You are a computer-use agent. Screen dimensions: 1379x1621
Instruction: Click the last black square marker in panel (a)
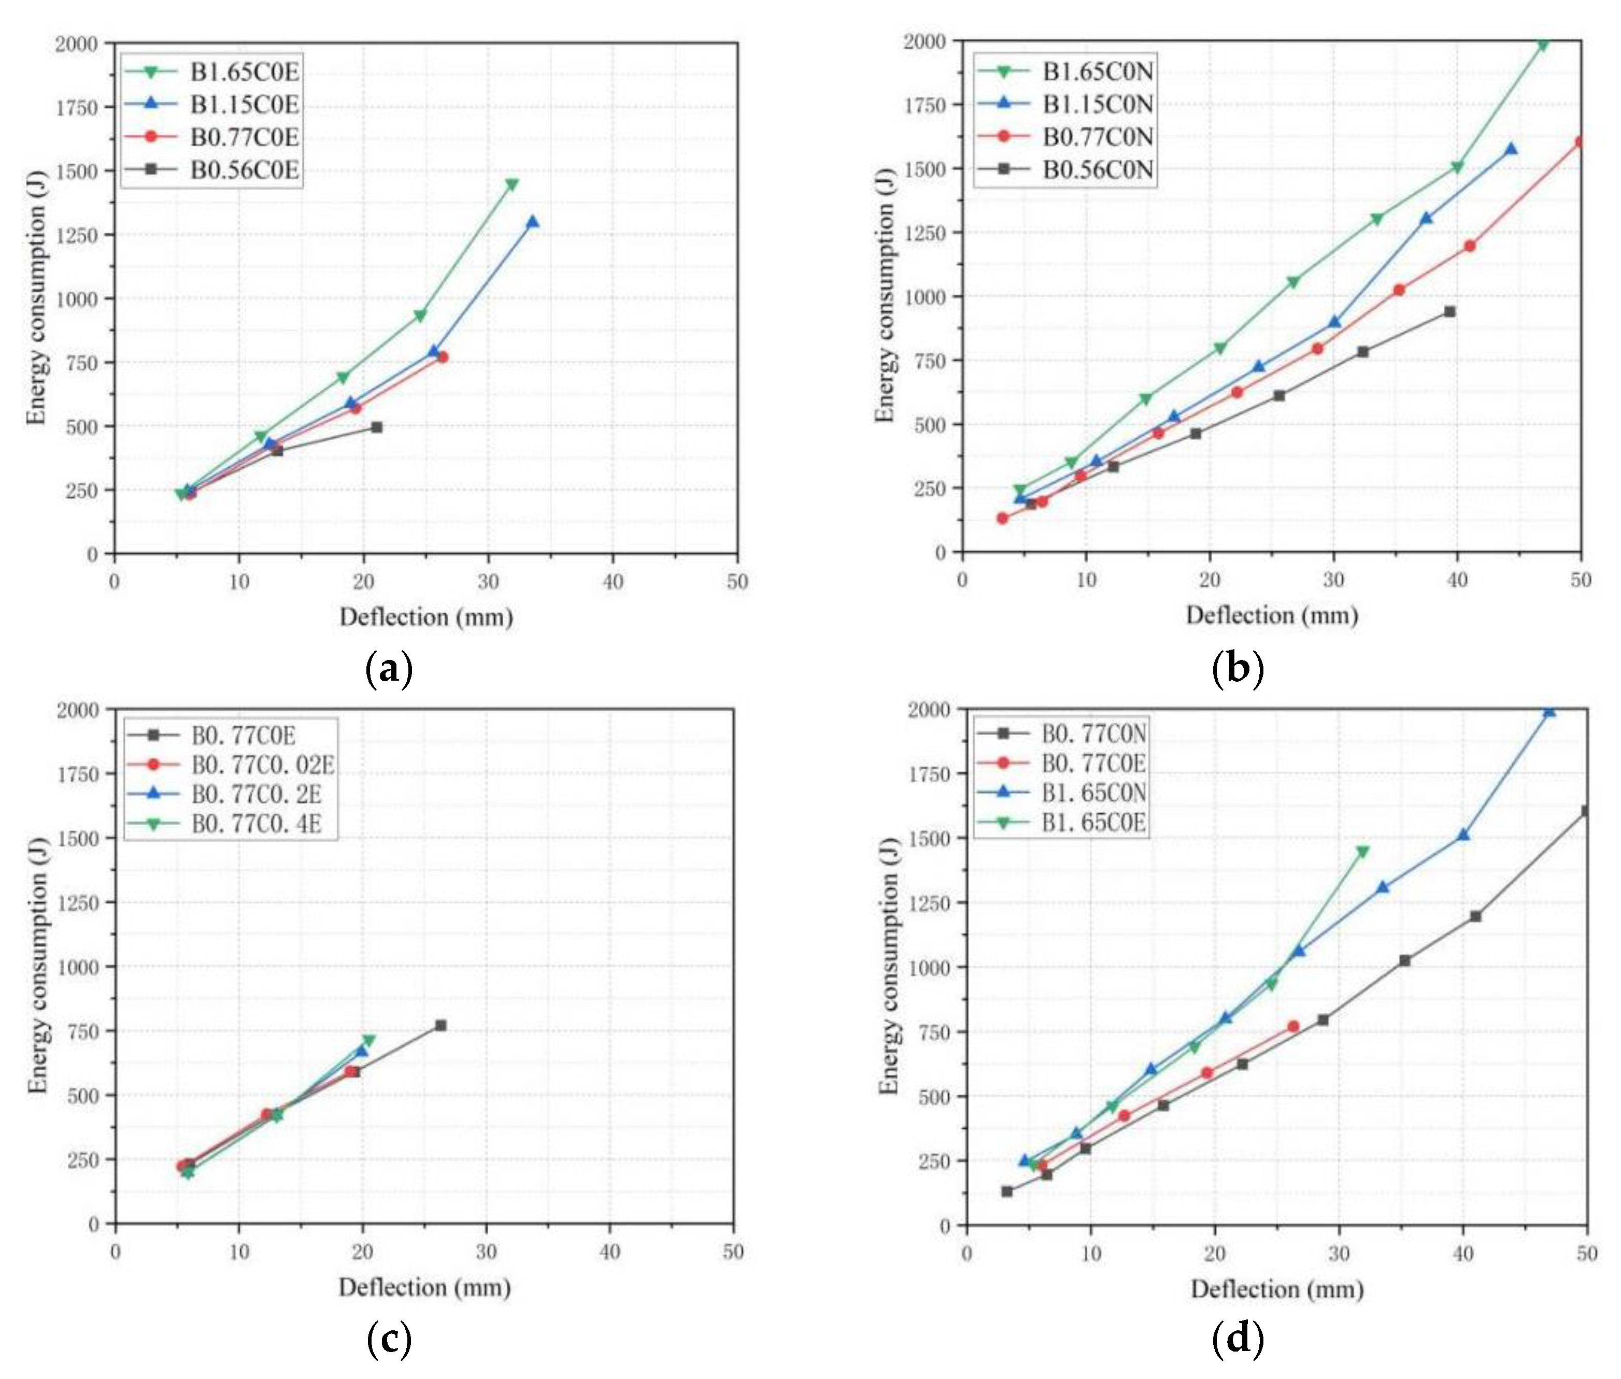pyautogui.click(x=376, y=427)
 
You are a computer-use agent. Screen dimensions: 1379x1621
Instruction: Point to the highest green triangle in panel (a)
pyautogui.click(x=511, y=184)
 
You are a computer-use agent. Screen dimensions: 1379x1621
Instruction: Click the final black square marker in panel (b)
pyautogui.click(x=1449, y=311)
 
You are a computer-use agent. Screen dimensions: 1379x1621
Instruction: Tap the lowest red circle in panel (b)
pyautogui.click(x=1002, y=518)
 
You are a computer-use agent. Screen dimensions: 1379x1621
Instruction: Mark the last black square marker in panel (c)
pyautogui.click(x=440, y=1025)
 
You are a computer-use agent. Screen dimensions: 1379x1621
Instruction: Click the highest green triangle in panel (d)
pyautogui.click(x=1362, y=851)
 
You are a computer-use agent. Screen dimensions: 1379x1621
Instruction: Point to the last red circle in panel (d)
pyautogui.click(x=1292, y=1026)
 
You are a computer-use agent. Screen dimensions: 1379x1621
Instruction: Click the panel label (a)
pyautogui.click(x=389, y=669)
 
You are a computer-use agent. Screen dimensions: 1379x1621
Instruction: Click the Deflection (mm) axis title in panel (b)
pyautogui.click(x=1272, y=615)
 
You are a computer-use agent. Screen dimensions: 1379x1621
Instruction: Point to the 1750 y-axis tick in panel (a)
pyautogui.click(x=77, y=107)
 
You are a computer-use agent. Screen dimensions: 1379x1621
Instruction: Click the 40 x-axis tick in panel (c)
pyautogui.click(x=609, y=1252)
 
